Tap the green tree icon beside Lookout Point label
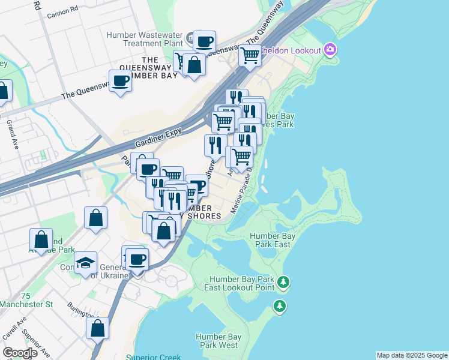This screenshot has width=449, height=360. [x=284, y=282]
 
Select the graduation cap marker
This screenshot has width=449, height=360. [x=86, y=262]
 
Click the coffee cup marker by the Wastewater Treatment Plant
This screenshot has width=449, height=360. [x=204, y=41]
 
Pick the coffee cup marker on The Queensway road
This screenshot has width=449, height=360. [x=120, y=80]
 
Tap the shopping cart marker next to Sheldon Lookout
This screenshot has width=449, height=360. [x=250, y=56]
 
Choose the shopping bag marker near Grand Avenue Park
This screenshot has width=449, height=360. [x=41, y=239]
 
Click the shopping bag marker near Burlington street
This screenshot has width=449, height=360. [x=97, y=328]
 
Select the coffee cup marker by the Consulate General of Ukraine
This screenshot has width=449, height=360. [x=137, y=259]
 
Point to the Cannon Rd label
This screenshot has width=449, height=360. [x=67, y=11]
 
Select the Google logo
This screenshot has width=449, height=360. [x=20, y=353]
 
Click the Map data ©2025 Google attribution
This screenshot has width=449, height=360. [x=412, y=355]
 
